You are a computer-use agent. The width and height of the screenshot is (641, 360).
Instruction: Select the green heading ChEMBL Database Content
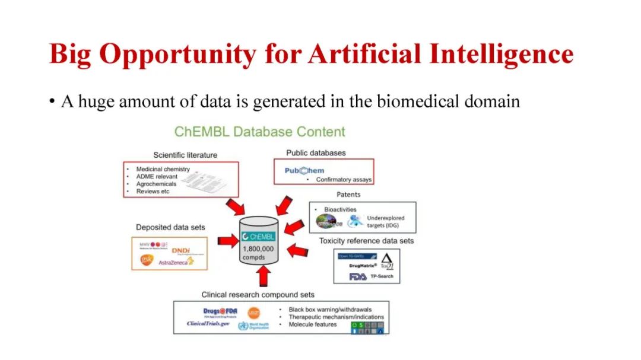click(259, 132)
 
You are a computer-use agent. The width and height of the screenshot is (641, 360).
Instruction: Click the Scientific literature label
click(185, 155)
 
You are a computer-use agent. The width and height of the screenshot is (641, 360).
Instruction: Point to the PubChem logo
click(304, 171)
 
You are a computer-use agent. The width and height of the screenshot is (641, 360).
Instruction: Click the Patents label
click(348, 195)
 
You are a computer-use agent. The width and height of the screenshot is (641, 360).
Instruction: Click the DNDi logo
click(180, 251)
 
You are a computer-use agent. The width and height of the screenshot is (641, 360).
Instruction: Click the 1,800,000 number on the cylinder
click(258, 249)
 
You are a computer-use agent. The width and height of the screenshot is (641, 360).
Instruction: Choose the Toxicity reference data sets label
click(366, 241)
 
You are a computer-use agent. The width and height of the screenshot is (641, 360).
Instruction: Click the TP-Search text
click(382, 276)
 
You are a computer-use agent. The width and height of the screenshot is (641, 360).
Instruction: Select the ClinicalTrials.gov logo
click(208, 324)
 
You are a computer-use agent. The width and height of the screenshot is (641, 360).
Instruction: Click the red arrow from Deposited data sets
click(227, 240)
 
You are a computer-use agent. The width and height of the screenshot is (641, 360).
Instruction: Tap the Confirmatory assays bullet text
click(344, 179)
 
